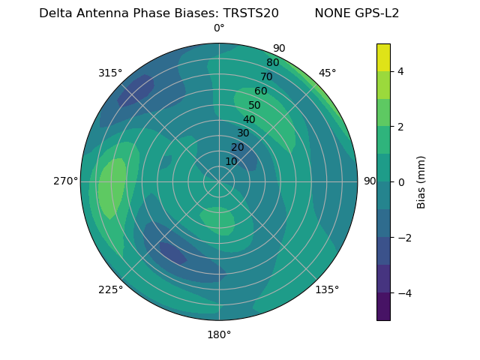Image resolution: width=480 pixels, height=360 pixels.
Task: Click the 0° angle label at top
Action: click(x=219, y=28)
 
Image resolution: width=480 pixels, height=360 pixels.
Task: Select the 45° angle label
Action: click(x=327, y=73)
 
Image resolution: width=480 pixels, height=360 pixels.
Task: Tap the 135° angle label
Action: click(x=327, y=289)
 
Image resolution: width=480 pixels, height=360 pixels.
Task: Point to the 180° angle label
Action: click(x=219, y=334)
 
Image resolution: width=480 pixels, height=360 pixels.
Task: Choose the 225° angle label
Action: click(x=110, y=290)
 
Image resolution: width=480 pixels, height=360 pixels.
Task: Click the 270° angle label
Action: click(x=65, y=181)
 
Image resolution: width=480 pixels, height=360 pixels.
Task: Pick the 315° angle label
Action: click(x=110, y=73)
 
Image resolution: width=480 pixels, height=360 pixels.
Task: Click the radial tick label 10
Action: click(x=231, y=161)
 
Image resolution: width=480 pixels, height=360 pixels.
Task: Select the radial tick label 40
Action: click(x=249, y=120)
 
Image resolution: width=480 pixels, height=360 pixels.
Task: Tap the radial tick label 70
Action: click(x=266, y=77)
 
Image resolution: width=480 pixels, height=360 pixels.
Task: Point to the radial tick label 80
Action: click(x=272, y=63)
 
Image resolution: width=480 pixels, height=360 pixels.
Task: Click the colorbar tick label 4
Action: click(x=400, y=71)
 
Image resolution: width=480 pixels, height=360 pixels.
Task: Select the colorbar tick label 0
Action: click(x=400, y=182)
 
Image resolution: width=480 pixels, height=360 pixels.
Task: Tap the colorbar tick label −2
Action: click(x=404, y=238)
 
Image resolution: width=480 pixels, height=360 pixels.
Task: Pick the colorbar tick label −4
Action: click(x=404, y=293)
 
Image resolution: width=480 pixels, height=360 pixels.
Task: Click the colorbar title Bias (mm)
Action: click(x=421, y=182)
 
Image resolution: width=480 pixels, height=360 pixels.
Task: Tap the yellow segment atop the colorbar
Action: click(x=383, y=57)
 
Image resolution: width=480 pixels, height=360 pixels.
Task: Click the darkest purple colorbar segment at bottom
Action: click(x=383, y=307)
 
